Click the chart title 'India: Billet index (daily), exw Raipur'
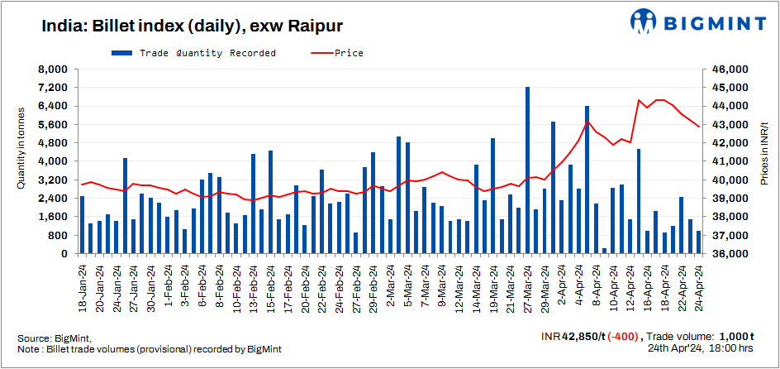pyautogui.click(x=181, y=26)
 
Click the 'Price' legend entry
pyautogui.click(x=339, y=53)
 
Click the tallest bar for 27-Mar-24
pyautogui.click(x=527, y=170)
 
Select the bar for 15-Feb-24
pyautogui.click(x=270, y=202)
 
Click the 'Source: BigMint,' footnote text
pyautogui.click(x=55, y=338)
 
